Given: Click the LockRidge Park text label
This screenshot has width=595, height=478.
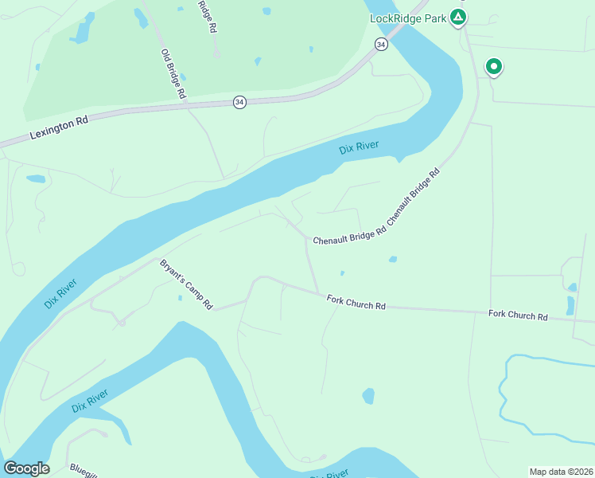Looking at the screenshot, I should click(407, 18).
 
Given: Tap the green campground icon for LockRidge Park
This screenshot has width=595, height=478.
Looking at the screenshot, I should click(457, 16).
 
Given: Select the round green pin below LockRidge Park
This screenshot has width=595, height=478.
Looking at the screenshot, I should click(494, 67).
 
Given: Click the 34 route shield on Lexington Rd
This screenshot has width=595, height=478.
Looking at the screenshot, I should click(239, 102).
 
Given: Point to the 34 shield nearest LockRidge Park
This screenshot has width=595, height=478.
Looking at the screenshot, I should click(381, 45).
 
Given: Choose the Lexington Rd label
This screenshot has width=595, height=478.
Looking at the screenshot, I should click(60, 125).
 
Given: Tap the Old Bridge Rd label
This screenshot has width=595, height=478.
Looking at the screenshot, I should click(173, 74).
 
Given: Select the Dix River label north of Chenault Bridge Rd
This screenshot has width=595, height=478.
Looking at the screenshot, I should click(359, 147).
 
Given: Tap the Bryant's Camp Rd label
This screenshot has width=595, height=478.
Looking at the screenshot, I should click(187, 284).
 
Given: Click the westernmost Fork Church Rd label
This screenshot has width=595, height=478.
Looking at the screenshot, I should click(356, 302).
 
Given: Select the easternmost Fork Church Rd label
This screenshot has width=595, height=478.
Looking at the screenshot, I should click(518, 316).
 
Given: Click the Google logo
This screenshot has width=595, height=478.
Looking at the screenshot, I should click(26, 468).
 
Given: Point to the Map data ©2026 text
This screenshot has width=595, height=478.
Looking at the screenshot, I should click(561, 472).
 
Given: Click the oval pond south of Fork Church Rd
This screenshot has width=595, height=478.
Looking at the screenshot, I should click(368, 396).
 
